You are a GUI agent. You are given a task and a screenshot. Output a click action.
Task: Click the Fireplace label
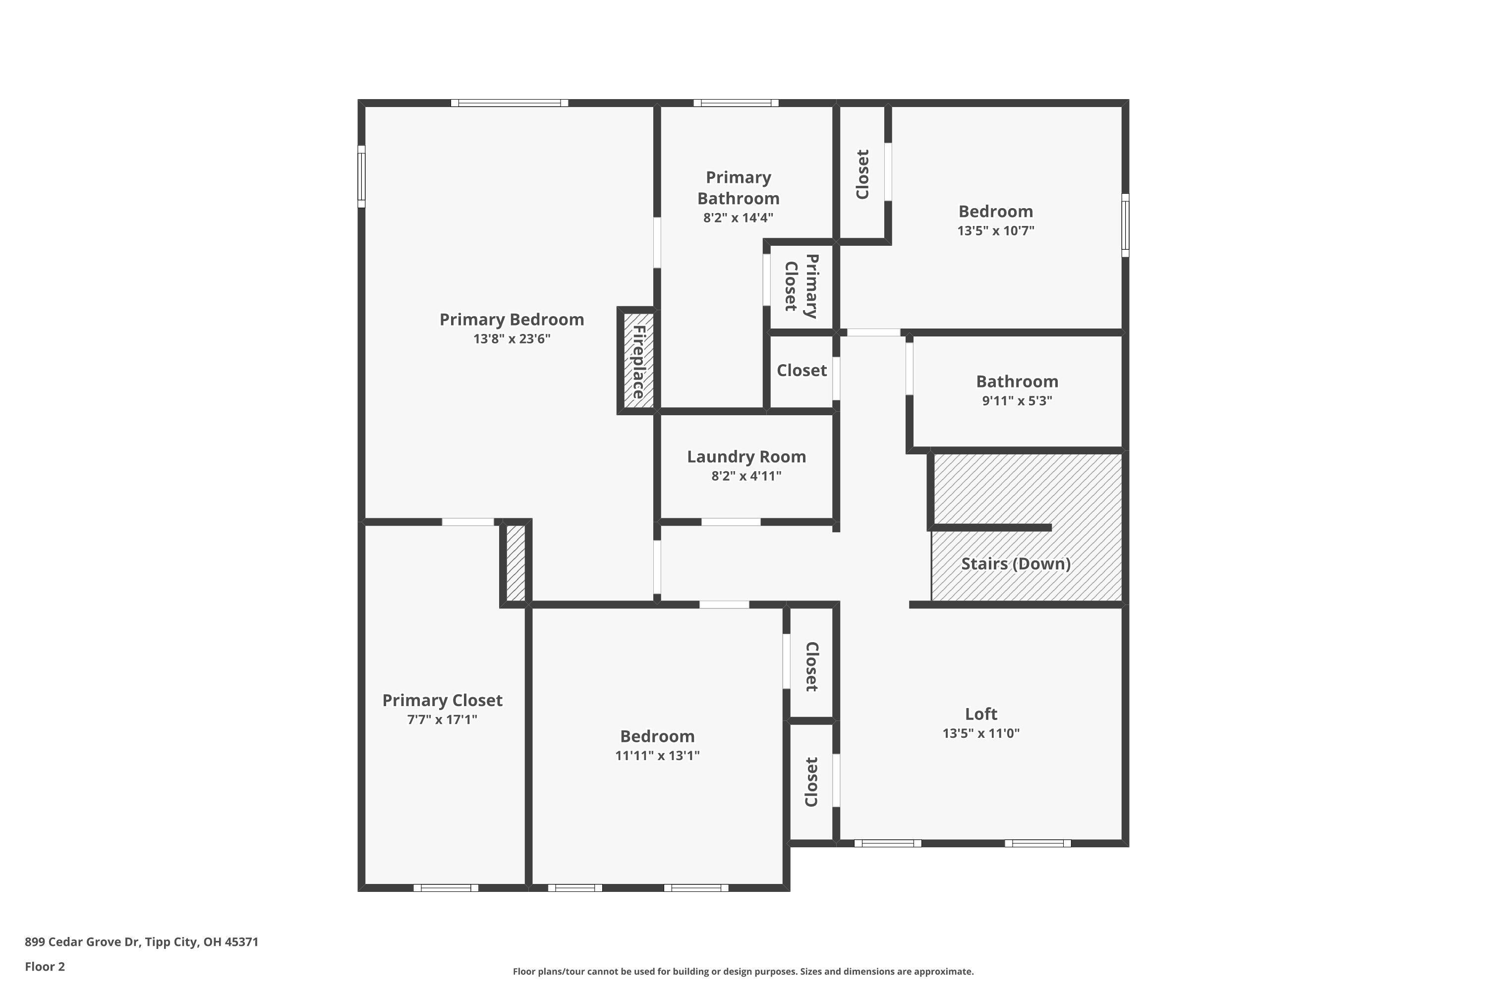(638, 362)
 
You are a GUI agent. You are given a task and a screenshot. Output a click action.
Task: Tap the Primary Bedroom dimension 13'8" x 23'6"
(512, 339)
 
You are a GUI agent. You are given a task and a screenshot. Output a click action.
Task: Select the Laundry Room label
(746, 456)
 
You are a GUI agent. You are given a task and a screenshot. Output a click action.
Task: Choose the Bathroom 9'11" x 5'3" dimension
(1017, 401)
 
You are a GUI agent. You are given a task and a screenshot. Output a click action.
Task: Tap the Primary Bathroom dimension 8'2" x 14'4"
(738, 218)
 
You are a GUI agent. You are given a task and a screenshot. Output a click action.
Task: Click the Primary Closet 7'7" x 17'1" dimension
(442, 719)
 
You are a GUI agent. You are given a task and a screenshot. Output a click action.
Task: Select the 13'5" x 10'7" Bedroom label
(995, 211)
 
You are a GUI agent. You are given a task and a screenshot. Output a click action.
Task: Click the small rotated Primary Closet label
(801, 286)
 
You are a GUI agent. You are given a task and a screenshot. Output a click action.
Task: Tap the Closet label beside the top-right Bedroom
(862, 174)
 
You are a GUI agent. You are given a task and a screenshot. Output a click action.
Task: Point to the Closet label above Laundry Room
(801, 370)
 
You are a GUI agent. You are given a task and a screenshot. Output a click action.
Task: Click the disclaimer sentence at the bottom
(743, 971)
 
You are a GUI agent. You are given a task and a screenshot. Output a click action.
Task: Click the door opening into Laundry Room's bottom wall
(730, 522)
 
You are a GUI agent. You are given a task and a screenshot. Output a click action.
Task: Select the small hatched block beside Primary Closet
(515, 562)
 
